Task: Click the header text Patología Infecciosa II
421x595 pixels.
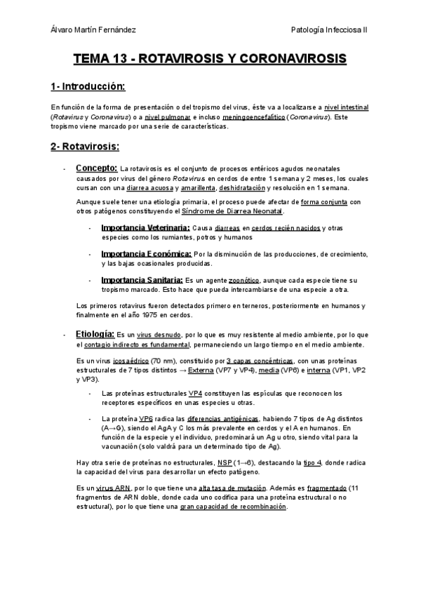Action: [334, 30]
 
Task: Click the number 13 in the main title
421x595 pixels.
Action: [119, 59]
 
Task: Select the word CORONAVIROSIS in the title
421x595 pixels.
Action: [288, 59]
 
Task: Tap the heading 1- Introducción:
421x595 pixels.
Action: [88, 87]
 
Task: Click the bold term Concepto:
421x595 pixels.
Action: [97, 168]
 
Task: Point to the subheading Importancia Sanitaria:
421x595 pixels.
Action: [142, 279]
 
